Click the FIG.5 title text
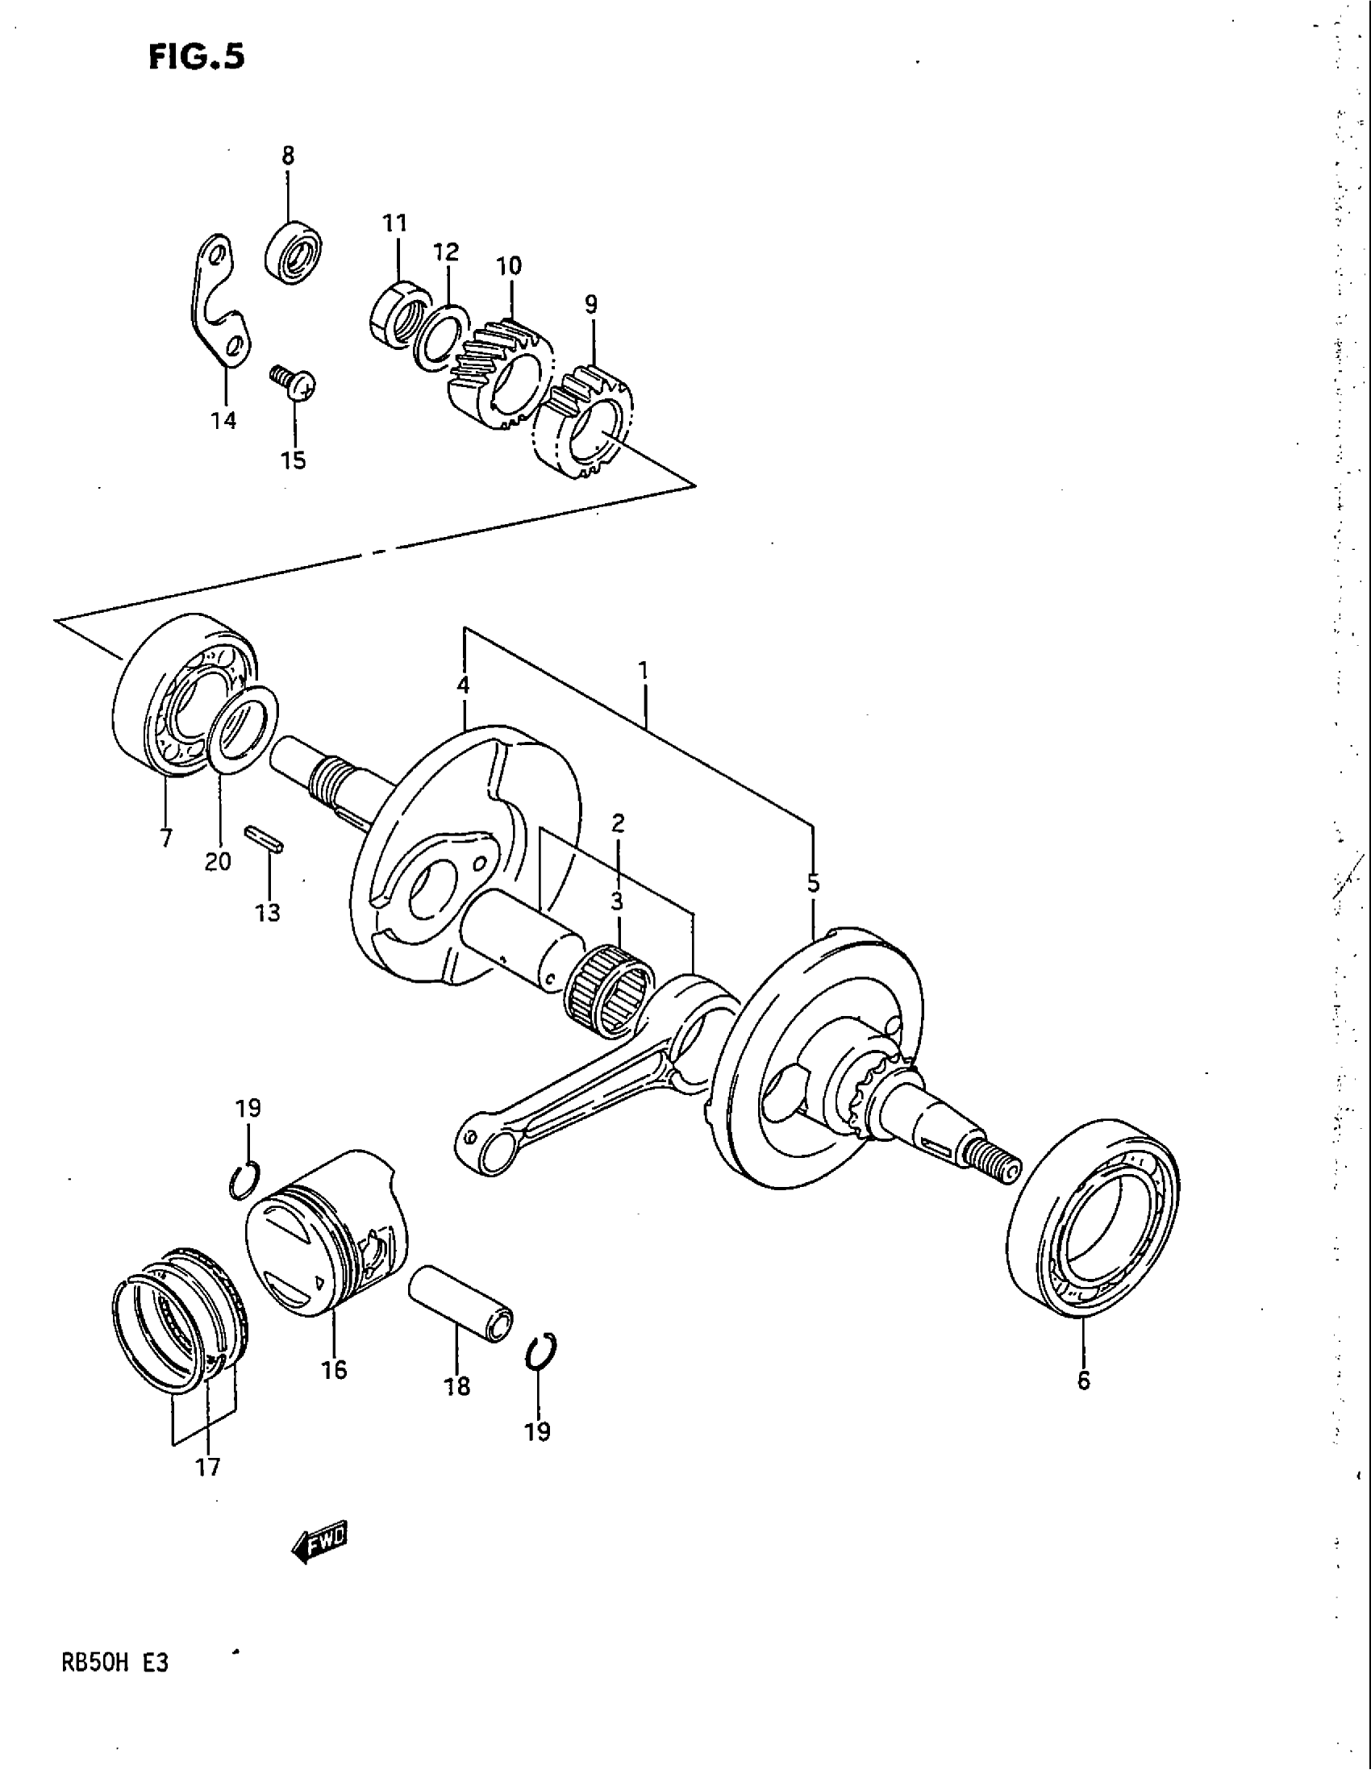(x=196, y=57)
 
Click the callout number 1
(x=644, y=671)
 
